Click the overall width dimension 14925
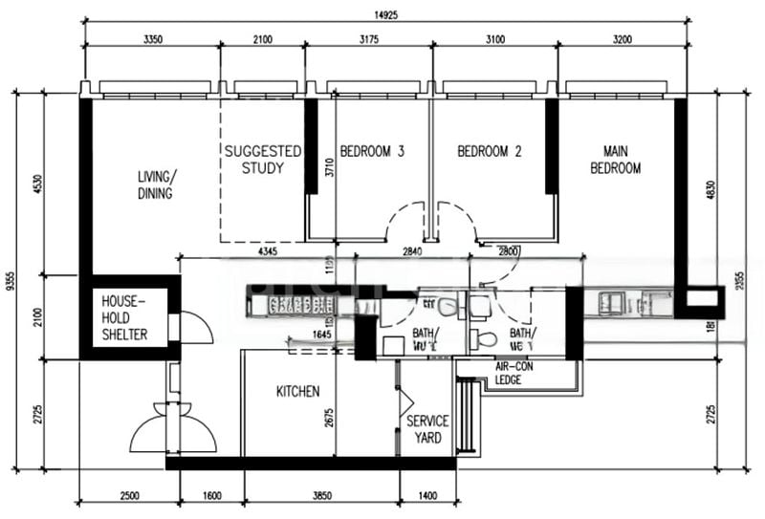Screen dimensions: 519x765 point(386,13)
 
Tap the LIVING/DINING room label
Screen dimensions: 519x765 point(157,185)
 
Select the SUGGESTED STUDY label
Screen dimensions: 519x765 point(263,160)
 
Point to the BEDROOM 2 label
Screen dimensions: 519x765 point(489,151)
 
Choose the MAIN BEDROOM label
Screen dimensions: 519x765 point(621,160)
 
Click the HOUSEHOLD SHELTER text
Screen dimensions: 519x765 point(124,317)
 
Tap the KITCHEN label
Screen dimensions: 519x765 point(297,392)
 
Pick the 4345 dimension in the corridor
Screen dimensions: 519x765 point(268,251)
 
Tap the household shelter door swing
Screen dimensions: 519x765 point(195,328)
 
